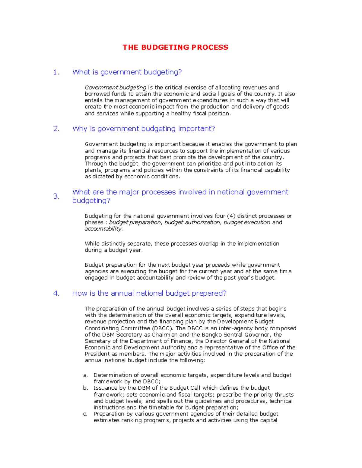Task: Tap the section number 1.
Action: [x=56, y=72]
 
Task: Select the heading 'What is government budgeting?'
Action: [x=127, y=72]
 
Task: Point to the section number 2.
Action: [x=56, y=129]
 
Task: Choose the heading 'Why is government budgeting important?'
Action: [x=144, y=129]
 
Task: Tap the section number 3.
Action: [x=56, y=196]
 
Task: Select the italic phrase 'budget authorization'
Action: [x=192, y=222]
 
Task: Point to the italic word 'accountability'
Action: [x=103, y=229]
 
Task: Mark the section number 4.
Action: [x=56, y=294]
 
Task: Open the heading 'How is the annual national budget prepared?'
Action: [x=149, y=294]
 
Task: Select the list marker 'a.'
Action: [x=85, y=375]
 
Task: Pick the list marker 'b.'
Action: [x=85, y=388]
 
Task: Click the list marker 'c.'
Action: [x=85, y=414]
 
